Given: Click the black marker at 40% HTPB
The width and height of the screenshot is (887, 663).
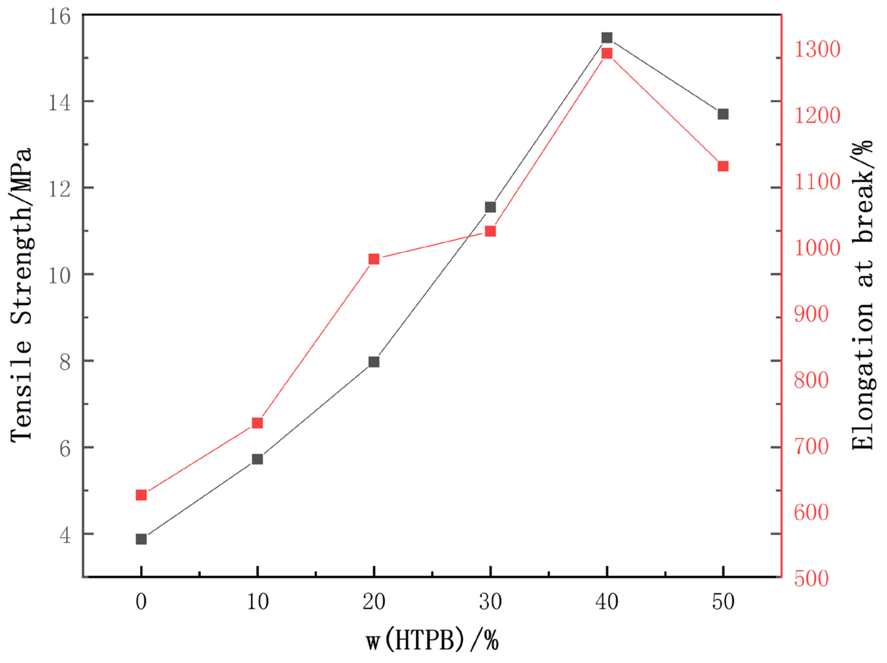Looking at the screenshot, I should [607, 38].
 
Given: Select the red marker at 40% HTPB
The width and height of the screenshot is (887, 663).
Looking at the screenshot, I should [607, 53].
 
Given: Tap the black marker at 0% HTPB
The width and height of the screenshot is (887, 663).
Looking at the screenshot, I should [141, 539].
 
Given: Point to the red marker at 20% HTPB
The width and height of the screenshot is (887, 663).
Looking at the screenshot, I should [374, 259].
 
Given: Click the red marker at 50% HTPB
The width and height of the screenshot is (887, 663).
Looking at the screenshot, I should [723, 166].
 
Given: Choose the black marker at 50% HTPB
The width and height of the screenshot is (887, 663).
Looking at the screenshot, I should [723, 114].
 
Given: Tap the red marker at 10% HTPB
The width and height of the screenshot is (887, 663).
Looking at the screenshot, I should [258, 423].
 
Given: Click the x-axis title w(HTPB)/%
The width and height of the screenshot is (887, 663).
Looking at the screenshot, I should [432, 640].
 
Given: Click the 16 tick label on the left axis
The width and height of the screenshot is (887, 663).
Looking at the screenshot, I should [59, 17].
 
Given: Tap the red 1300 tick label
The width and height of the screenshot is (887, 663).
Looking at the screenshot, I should [817, 50].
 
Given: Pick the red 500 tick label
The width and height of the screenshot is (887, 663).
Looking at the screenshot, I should [811, 578].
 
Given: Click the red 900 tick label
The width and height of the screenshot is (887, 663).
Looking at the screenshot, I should [811, 314].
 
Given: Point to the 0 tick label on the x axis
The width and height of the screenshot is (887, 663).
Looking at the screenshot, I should [141, 602].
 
